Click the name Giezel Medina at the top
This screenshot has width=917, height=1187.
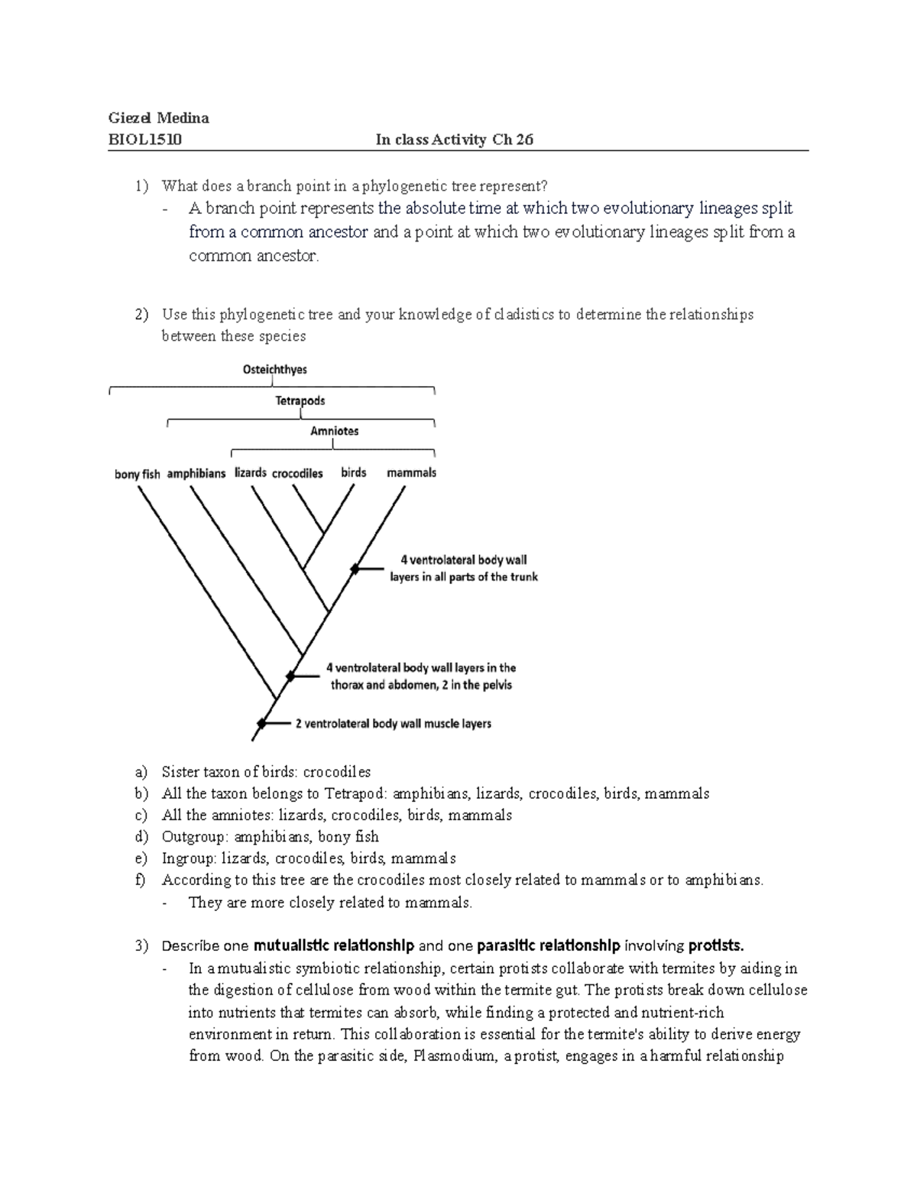[159, 118]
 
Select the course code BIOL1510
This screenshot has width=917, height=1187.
[146, 139]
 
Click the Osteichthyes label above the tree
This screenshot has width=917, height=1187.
[274, 370]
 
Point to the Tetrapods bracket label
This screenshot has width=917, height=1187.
[300, 401]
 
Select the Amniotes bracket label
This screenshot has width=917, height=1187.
[334, 431]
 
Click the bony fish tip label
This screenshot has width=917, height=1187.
[138, 474]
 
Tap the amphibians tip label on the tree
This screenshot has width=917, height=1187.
[196, 473]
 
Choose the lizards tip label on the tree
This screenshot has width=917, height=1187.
[250, 472]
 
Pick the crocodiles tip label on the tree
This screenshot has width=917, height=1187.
[297, 473]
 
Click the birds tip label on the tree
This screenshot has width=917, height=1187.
[353, 472]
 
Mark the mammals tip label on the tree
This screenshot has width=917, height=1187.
[411, 472]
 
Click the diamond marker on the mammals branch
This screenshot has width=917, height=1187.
[355, 569]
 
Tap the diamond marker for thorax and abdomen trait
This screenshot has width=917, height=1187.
[290, 676]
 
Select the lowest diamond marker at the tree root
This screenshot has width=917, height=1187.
[262, 723]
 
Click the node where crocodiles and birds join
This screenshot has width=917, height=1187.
[323, 532]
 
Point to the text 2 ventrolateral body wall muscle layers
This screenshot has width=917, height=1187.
[393, 723]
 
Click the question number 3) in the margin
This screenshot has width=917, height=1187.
[140, 945]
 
